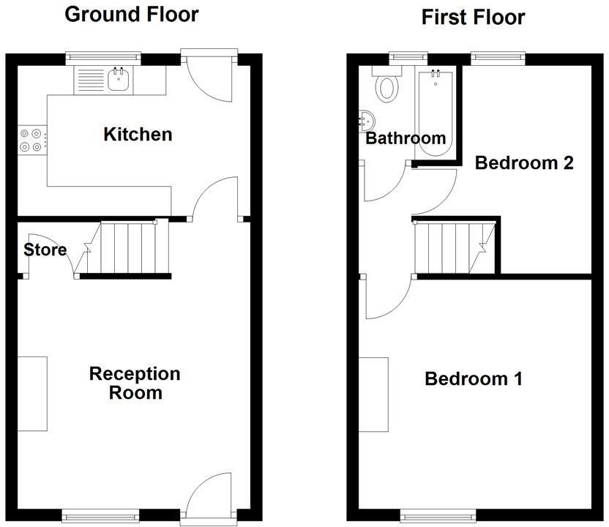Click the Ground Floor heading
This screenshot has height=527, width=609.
(x=132, y=14)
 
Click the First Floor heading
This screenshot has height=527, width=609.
(x=473, y=17)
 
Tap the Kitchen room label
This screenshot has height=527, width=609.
(x=138, y=134)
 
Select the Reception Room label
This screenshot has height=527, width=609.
(x=135, y=383)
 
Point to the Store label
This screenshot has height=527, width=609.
(x=45, y=250)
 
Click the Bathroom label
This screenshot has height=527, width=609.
(x=406, y=138)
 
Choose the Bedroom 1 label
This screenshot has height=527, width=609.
(x=474, y=379)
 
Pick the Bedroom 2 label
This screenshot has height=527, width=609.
(x=523, y=162)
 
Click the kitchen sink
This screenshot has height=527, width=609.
(x=119, y=79)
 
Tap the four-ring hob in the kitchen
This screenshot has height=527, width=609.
(x=31, y=140)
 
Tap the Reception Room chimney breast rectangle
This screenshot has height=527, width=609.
(x=33, y=393)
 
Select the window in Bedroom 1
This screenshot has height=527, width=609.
(x=437, y=514)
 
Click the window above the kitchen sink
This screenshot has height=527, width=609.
(x=102, y=56)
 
